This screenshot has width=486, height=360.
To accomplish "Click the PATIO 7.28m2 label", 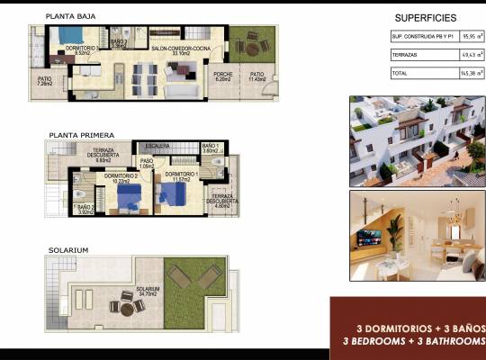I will [45, 82].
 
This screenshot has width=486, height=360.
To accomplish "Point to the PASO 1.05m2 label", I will [147, 164].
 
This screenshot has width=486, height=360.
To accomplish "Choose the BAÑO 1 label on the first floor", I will [210, 148].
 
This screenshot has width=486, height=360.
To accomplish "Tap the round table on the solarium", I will [127, 306].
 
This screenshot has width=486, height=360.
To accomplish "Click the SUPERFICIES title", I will [426, 18].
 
